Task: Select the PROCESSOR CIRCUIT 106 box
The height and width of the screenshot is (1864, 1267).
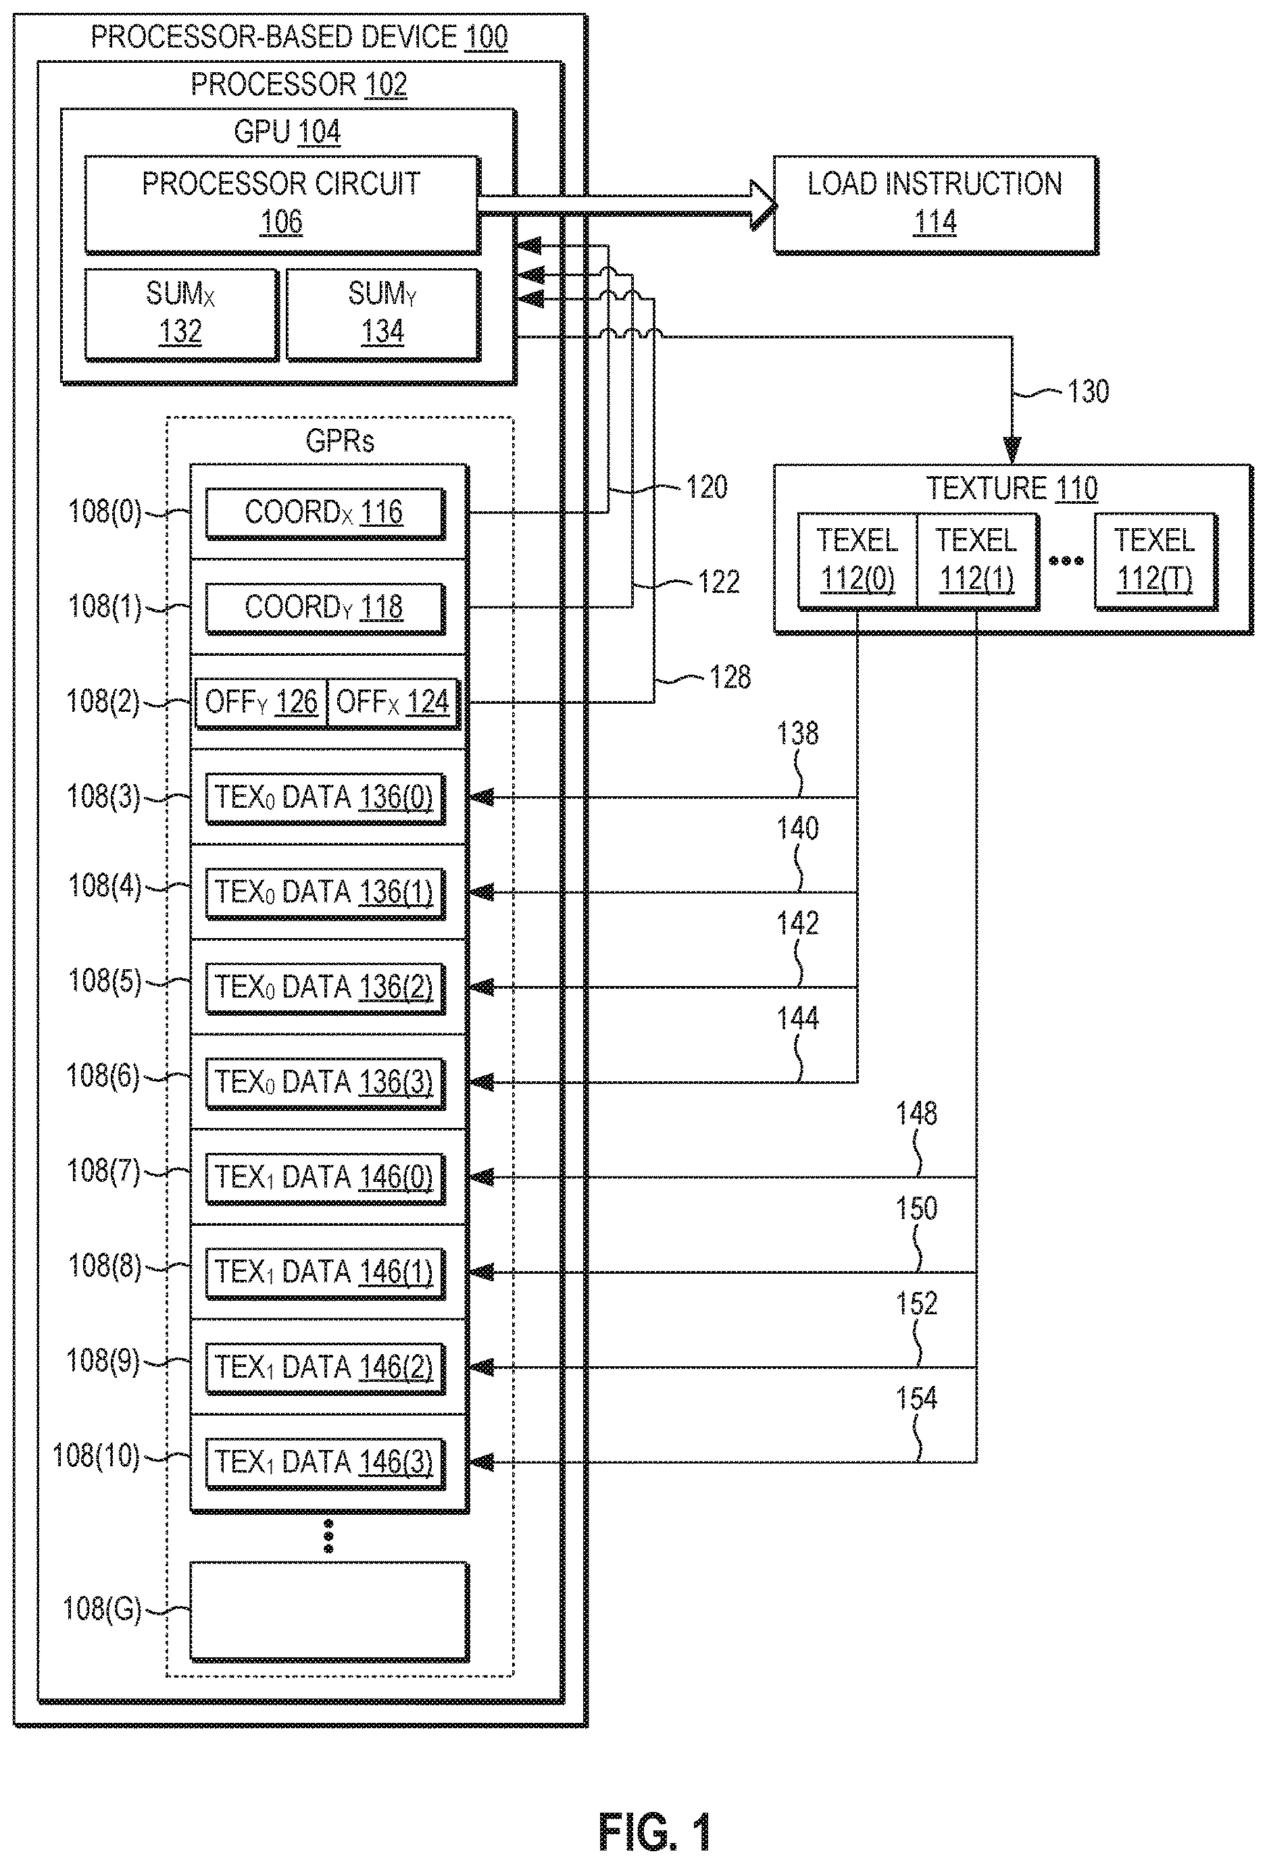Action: point(282,205)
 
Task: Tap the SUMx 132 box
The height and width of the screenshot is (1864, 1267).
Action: point(180,315)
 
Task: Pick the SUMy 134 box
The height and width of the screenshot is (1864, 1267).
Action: point(382,315)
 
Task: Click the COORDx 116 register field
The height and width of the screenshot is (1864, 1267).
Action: point(324,513)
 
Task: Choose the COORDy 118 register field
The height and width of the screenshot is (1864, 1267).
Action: point(324,608)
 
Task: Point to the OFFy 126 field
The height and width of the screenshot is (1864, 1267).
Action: point(262,702)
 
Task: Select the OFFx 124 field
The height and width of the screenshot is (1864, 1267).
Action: point(393,702)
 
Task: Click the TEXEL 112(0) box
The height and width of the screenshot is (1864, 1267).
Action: point(857,560)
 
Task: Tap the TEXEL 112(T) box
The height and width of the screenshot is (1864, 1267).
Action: point(1156,560)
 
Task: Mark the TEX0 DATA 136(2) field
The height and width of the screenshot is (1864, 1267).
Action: point(324,987)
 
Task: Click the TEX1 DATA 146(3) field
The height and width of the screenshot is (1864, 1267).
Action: point(324,1462)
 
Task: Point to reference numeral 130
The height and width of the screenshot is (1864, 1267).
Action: point(1088,392)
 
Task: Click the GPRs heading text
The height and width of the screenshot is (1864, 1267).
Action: point(340,441)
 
